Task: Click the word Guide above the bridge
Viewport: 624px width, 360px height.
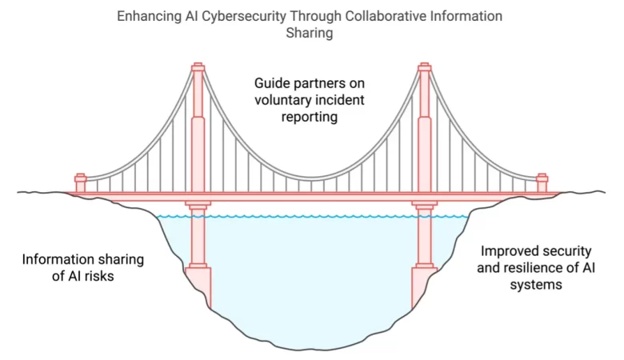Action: click(273, 83)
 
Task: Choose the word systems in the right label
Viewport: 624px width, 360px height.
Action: click(536, 283)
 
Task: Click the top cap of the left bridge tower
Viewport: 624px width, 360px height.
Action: click(198, 66)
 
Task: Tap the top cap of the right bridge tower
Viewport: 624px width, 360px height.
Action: click(425, 66)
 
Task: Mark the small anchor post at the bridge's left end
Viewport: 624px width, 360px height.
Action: click(80, 182)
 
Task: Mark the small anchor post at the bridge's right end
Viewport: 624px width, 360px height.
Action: click(542, 182)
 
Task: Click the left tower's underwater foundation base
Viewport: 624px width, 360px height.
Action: click(198, 285)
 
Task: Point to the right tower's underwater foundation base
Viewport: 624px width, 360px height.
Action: click(424, 285)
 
